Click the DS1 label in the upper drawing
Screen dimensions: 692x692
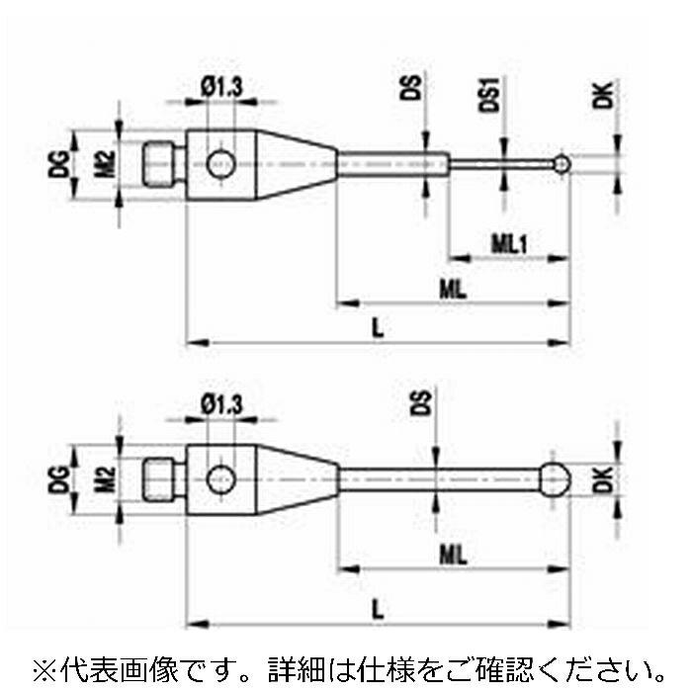(x=491, y=95)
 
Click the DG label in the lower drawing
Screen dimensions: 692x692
(x=58, y=479)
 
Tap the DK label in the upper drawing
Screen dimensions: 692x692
(x=604, y=96)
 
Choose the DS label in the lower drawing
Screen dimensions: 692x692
(x=419, y=402)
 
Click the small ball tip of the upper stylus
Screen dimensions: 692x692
(x=562, y=163)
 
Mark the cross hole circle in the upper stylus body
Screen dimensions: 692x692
(x=222, y=164)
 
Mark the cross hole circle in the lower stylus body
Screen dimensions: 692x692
(x=222, y=480)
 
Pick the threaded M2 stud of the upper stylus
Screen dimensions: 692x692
(x=164, y=163)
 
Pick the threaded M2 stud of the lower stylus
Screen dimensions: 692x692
(x=164, y=480)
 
